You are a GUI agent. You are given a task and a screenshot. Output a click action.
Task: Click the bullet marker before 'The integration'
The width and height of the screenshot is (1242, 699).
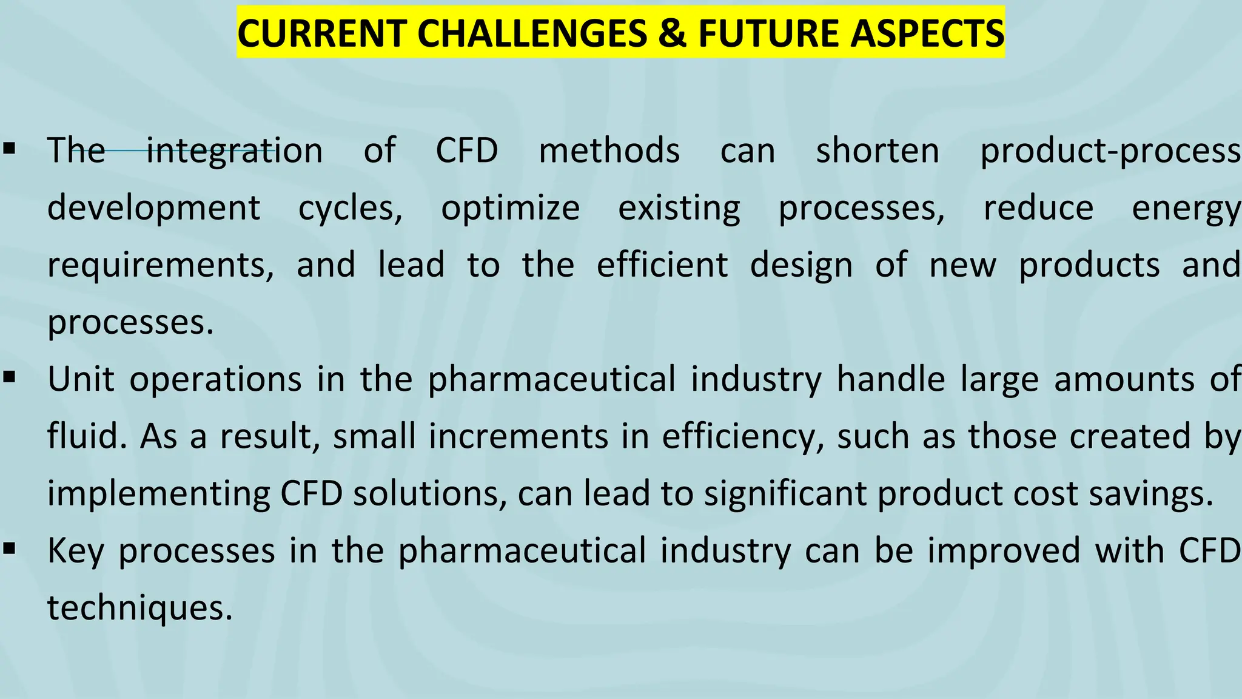click(x=8, y=147)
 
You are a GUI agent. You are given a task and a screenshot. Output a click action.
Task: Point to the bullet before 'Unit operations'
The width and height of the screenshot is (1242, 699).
click(x=8, y=377)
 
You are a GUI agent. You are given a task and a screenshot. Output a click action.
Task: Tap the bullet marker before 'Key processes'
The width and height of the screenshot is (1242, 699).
click(x=8, y=549)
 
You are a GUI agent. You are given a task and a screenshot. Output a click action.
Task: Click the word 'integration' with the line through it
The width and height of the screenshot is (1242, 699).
click(x=235, y=150)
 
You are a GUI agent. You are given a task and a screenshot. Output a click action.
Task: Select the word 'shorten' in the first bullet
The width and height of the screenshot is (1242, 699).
click(x=878, y=150)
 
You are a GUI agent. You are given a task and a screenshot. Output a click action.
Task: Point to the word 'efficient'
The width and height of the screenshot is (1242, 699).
click(x=662, y=265)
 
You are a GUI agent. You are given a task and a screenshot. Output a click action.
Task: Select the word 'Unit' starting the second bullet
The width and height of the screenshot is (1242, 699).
click(x=81, y=379)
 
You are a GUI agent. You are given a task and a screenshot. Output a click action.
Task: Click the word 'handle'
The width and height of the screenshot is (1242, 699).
click(x=891, y=379)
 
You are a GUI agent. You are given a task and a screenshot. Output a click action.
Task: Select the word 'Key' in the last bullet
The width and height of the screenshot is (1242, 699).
click(x=76, y=552)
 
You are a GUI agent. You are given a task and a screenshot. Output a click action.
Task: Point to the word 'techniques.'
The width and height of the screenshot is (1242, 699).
click(x=140, y=607)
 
